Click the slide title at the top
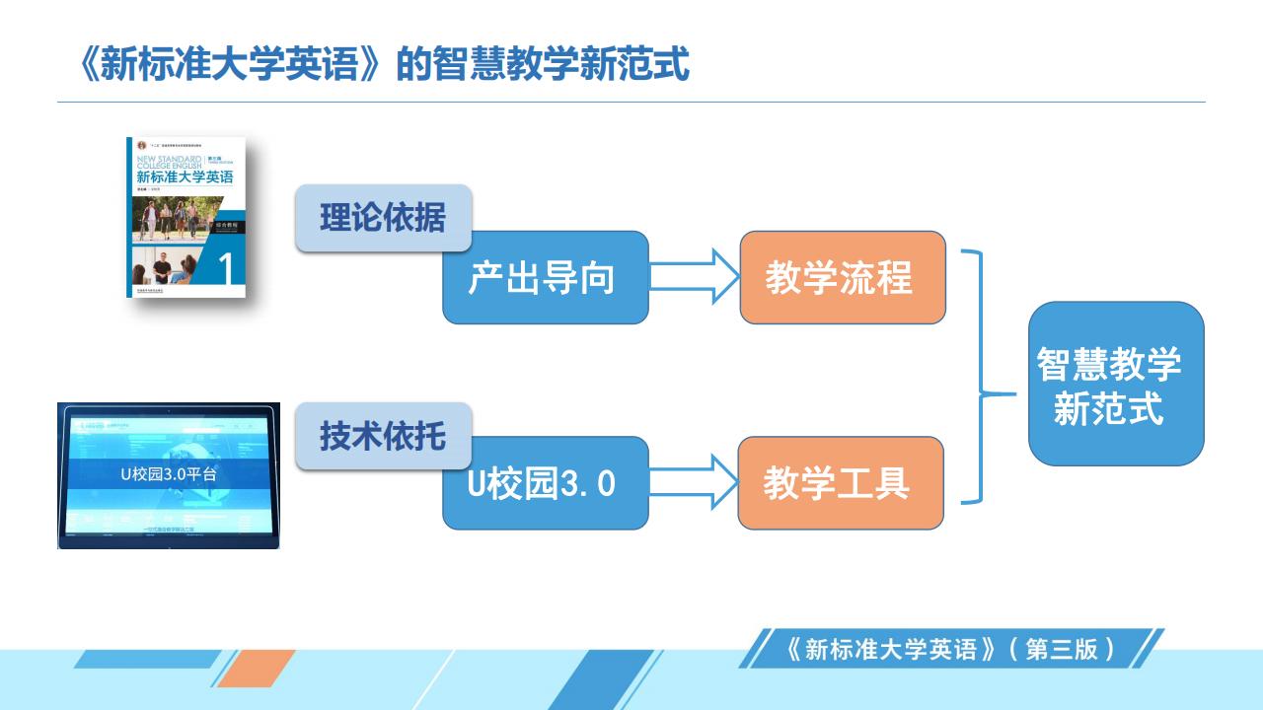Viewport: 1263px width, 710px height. click(384, 65)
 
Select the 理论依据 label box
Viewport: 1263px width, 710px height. click(383, 218)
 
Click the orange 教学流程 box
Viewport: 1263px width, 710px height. click(842, 278)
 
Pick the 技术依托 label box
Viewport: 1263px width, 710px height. click(383, 436)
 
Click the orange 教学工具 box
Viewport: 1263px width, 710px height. click(840, 483)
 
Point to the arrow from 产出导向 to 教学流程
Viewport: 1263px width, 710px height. click(694, 277)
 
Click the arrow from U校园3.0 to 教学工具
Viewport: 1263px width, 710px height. click(694, 483)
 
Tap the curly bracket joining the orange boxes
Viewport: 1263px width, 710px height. click(981, 378)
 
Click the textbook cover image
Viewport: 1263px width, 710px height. click(186, 217)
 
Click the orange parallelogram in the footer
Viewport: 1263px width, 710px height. click(256, 668)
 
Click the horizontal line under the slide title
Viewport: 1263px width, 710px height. click(631, 102)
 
